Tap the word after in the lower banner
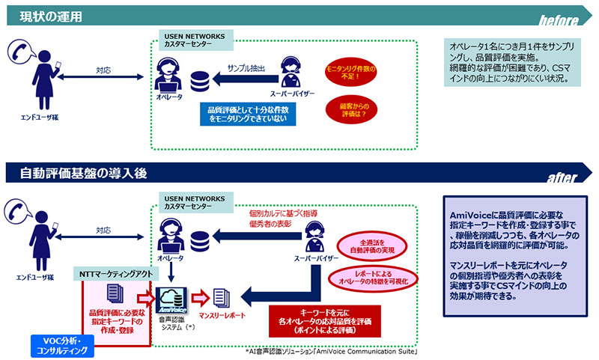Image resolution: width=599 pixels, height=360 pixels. (562, 178)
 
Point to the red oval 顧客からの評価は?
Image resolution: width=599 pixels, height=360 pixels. (350, 110)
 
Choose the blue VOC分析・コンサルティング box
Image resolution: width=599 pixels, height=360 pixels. (64, 344)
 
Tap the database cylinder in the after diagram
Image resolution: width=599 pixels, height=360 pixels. (199, 240)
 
